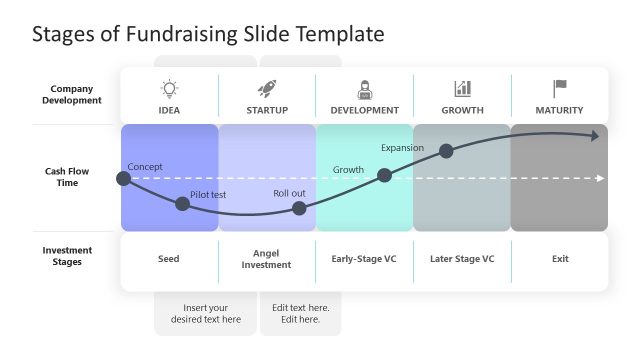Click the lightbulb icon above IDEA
click(169, 89)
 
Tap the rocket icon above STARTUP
click(267, 89)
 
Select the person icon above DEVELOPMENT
click(364, 89)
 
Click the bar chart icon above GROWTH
click(462, 89)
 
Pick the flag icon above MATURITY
click(560, 89)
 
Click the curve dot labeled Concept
click(123, 179)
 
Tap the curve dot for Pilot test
click(182, 204)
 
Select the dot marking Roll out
click(299, 208)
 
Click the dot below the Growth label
click(384, 175)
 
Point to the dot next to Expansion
click(446, 151)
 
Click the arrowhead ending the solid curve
click(598, 136)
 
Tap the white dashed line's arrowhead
click(600, 178)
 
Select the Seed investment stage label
click(169, 259)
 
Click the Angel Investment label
click(266, 259)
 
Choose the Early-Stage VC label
click(364, 259)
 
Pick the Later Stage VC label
click(462, 259)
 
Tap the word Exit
click(560, 259)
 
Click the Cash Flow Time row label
click(61, 177)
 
